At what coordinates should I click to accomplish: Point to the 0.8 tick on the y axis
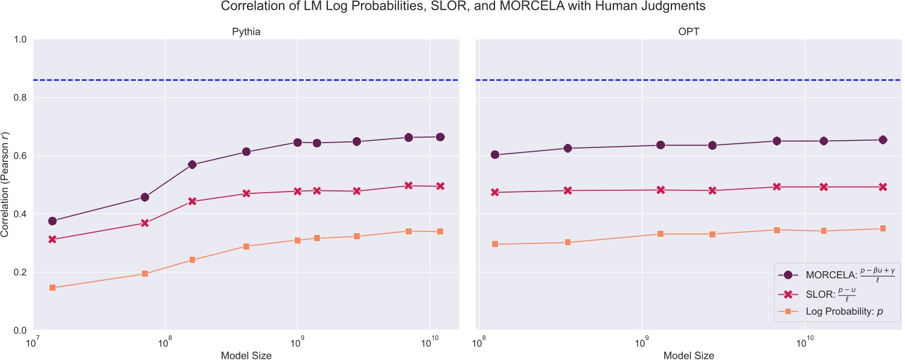(x=22, y=98)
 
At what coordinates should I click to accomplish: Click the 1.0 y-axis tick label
(x=22, y=40)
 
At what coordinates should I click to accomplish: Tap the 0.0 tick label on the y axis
(x=22, y=330)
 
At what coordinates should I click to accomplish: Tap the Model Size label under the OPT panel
(x=688, y=355)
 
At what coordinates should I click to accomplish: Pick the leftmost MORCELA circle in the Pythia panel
(x=53, y=221)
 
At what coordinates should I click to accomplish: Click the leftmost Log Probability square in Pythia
(x=53, y=288)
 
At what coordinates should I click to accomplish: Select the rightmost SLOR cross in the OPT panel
(x=883, y=187)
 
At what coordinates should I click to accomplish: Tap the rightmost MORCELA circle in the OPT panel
(x=883, y=140)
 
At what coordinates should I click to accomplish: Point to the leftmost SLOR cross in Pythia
(x=53, y=239)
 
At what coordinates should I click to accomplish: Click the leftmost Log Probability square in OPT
(x=495, y=244)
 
